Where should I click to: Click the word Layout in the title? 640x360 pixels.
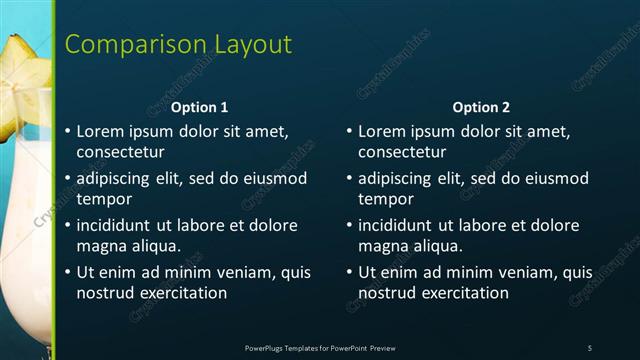click(x=249, y=44)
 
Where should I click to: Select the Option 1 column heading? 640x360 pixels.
click(x=199, y=107)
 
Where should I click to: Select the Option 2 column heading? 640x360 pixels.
click(x=481, y=107)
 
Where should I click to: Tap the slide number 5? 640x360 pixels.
click(x=590, y=348)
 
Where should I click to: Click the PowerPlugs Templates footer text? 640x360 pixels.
click(x=320, y=348)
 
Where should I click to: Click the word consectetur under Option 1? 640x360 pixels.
click(x=121, y=152)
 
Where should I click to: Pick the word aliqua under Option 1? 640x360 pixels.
click(x=152, y=246)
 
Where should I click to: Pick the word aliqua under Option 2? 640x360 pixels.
click(x=434, y=246)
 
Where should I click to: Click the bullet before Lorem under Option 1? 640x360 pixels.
click(x=68, y=131)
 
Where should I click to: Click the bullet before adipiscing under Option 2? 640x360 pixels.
click(x=350, y=179)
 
